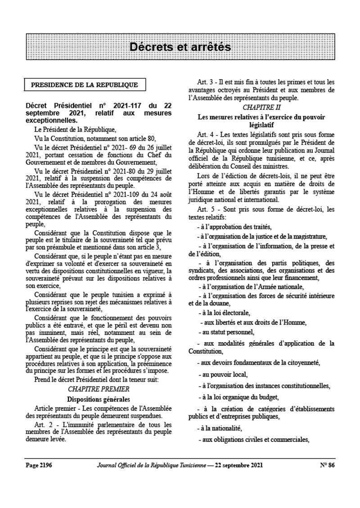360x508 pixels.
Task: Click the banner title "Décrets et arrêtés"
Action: coord(180,47)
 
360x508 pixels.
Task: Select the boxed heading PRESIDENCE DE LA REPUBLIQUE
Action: coord(84,85)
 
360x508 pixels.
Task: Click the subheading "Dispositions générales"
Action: coord(92,399)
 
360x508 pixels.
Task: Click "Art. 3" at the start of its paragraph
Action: coord(206,82)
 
